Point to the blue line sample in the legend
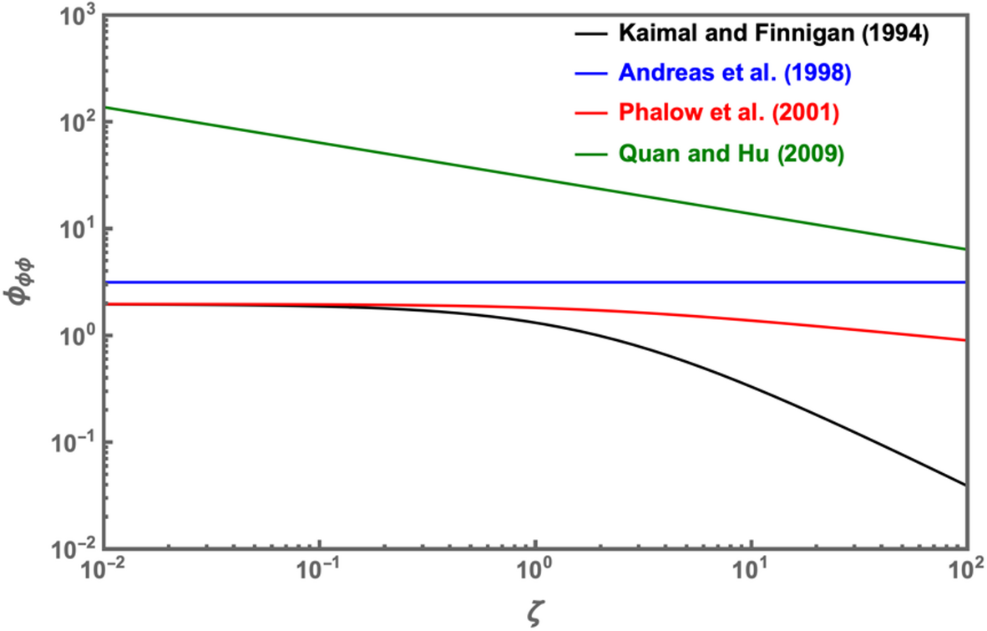(591, 73)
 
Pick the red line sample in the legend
(591, 112)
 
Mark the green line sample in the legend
(591, 151)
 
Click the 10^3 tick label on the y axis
(74, 16)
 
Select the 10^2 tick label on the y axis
(74, 122)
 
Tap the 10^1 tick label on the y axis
(74, 229)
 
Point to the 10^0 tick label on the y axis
(74, 336)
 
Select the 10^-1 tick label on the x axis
(318, 576)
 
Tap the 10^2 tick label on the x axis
(967, 576)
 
